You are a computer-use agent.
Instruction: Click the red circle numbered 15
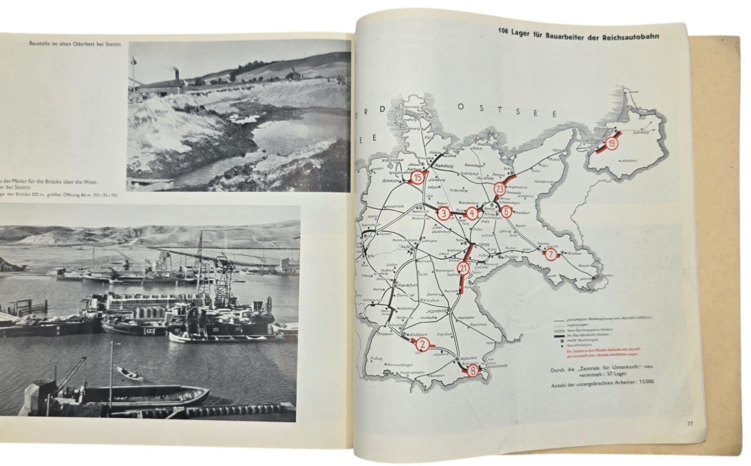[x=418, y=177]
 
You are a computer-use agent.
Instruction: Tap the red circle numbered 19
[x=612, y=144]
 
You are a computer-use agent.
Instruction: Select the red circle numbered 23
[x=499, y=189]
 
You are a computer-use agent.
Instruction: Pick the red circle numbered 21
[x=463, y=268]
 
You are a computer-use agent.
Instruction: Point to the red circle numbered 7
[x=550, y=254]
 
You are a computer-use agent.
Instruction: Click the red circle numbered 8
[x=473, y=371]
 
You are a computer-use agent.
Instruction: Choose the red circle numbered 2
[x=423, y=344]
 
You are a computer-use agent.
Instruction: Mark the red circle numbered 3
[x=443, y=213]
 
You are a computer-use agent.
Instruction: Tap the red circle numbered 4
[x=472, y=213]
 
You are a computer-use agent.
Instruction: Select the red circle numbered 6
[x=506, y=212]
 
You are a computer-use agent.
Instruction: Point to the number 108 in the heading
[x=503, y=31]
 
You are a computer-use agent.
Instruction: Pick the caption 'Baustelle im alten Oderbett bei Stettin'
[x=75, y=44]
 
